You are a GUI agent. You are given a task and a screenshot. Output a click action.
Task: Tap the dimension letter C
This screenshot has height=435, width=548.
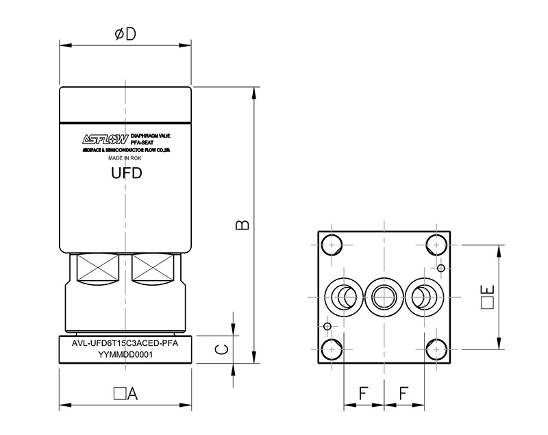[221, 350]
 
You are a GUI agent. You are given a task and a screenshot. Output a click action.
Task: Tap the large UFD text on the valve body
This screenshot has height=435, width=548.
[125, 173]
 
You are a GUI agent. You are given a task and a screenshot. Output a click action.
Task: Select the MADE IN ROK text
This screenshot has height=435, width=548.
[125, 158]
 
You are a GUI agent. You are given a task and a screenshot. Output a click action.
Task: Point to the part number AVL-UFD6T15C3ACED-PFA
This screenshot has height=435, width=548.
[125, 344]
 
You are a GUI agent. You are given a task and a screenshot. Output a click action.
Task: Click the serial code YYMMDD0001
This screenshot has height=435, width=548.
[125, 354]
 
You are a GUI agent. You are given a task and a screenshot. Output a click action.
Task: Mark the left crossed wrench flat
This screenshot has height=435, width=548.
[97, 268]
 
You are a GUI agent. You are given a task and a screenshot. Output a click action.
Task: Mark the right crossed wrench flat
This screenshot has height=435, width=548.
[154, 268]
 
